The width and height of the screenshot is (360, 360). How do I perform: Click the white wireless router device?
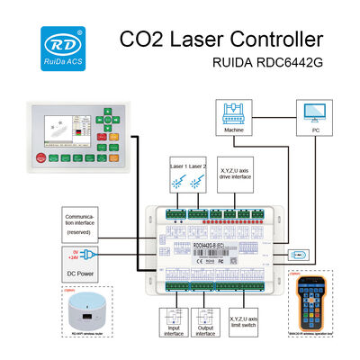pyautogui.click(x=85, y=310)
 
